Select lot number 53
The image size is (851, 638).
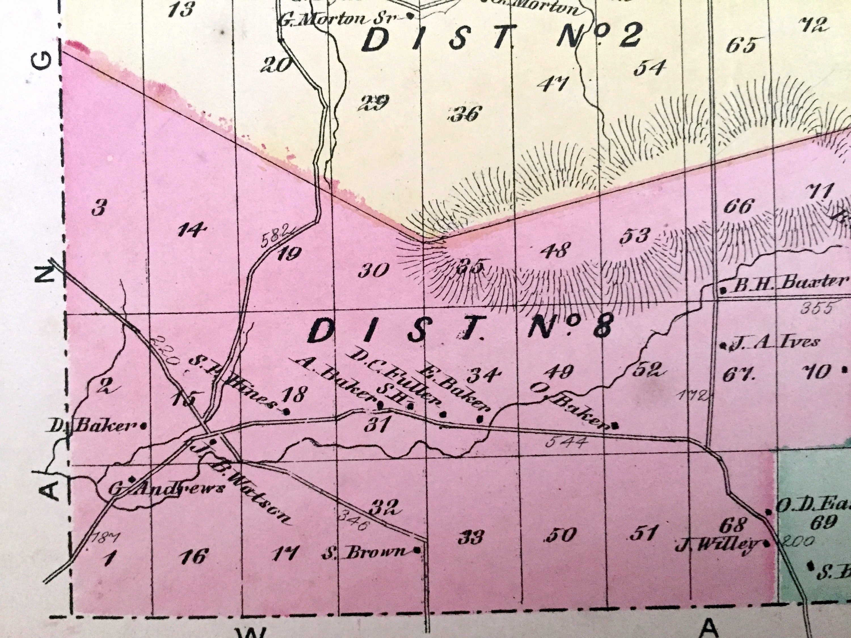635,236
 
